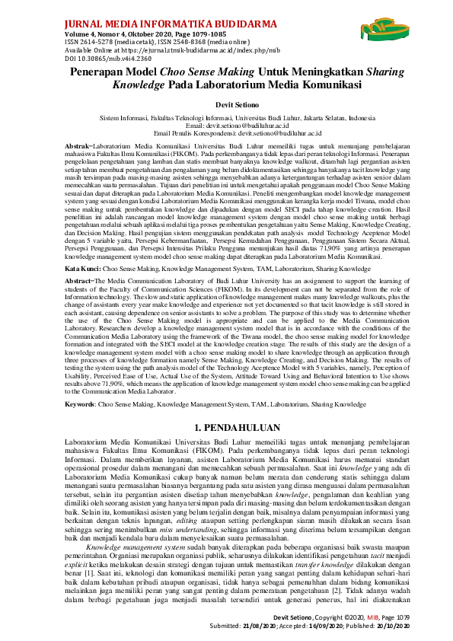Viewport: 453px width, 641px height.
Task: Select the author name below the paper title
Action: [x=226, y=103]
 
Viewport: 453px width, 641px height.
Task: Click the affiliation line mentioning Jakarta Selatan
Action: [x=226, y=119]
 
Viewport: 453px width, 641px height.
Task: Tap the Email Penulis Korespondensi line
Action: [x=226, y=132]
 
